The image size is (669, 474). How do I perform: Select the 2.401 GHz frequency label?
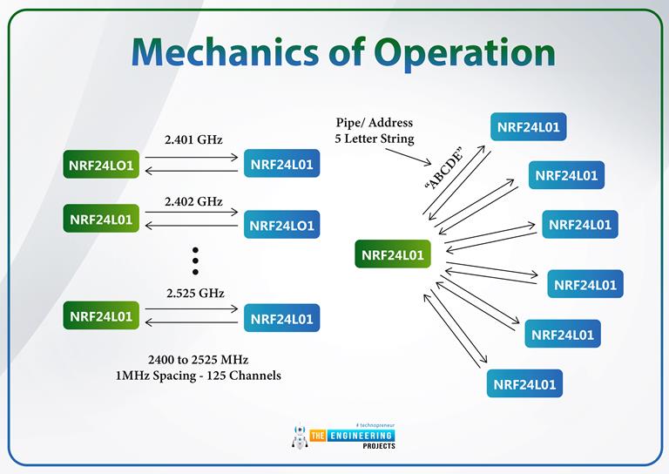[193, 139]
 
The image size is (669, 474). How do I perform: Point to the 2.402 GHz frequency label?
[193, 201]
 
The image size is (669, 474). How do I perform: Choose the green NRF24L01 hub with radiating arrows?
[392, 254]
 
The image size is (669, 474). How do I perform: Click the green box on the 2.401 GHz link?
[100, 165]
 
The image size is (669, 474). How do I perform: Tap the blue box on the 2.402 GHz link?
[281, 225]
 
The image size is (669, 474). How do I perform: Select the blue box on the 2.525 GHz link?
[281, 318]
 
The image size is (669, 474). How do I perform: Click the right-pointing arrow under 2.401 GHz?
[193, 158]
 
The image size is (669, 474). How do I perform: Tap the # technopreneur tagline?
[370, 423]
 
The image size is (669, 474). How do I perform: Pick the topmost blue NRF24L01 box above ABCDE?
[529, 127]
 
